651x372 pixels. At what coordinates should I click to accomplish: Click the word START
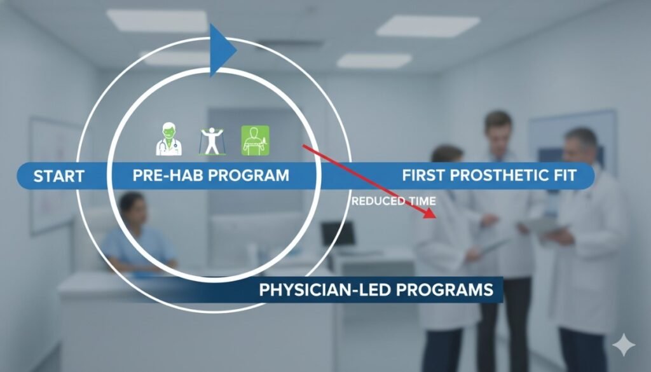[x=58, y=176]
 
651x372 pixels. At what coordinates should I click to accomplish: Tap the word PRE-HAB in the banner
[x=162, y=176]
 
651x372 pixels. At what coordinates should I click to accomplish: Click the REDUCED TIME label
[x=394, y=202]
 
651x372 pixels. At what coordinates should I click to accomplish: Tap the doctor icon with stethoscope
[x=168, y=140]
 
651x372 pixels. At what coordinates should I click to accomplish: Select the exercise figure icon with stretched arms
[x=211, y=141]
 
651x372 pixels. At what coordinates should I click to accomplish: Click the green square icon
[x=255, y=140]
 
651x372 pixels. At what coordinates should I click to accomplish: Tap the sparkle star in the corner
[x=623, y=345]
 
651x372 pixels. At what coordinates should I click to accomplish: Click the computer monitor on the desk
[x=338, y=234]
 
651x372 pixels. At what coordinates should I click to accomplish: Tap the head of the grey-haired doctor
[x=580, y=145]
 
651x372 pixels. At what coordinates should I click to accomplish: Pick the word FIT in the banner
[x=565, y=176]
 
